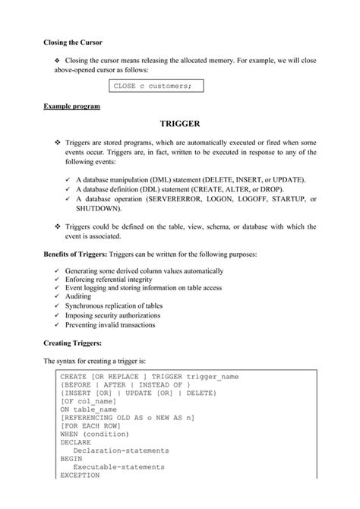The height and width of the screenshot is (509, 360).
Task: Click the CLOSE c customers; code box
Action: [x=152, y=87]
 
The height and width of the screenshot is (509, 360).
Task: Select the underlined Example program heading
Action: [x=71, y=106]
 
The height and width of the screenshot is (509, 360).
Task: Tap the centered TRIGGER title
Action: [x=180, y=123]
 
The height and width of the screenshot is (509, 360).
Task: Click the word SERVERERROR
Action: [x=174, y=198]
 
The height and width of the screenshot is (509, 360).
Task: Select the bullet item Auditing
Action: [x=81, y=299]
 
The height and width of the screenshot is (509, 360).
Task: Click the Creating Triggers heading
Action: [x=74, y=343]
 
